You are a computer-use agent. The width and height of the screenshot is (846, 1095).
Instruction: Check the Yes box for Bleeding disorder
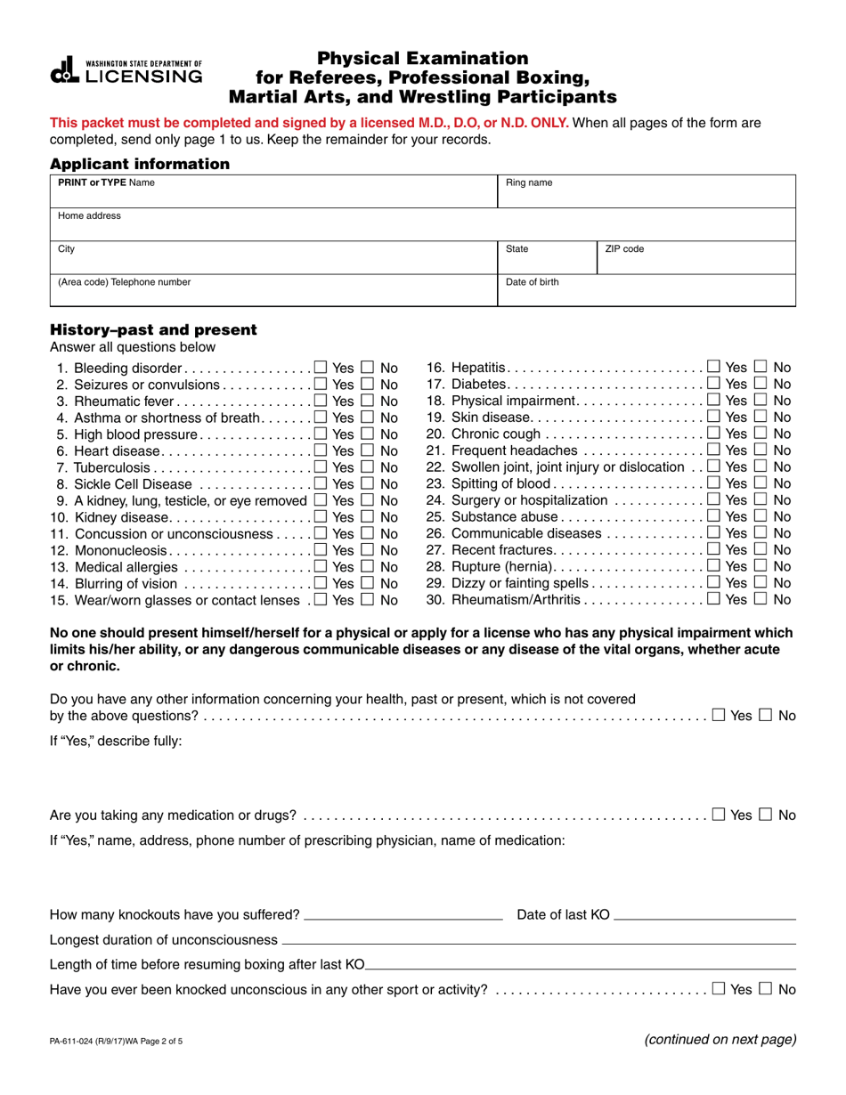point(321,368)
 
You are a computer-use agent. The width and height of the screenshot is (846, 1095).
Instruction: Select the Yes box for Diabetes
point(714,384)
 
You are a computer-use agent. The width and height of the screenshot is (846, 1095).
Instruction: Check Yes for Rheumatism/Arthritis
point(714,600)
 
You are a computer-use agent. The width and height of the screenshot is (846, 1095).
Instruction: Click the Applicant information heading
point(140,164)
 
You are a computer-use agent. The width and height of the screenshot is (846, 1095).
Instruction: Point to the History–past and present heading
point(153,330)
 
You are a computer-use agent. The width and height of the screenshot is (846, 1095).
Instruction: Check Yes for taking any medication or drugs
point(719,815)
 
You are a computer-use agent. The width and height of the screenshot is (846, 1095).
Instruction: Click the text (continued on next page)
point(720,1039)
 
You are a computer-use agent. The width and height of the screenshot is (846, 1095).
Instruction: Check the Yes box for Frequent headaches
point(714,450)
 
